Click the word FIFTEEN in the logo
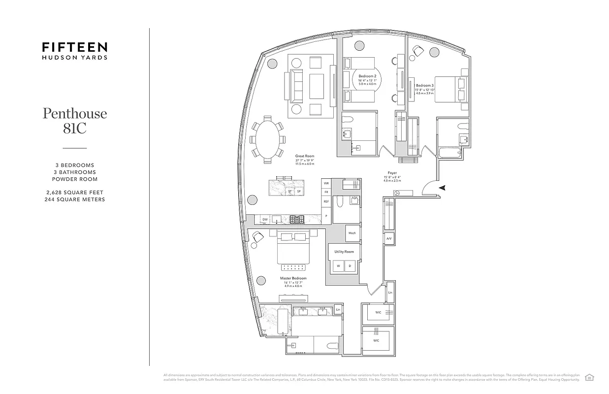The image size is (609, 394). tap(74, 48)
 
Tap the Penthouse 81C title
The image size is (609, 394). tap(75, 120)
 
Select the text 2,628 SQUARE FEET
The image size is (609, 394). tap(75, 192)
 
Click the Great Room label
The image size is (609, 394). tap(304, 156)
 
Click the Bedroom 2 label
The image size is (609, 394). tap(367, 76)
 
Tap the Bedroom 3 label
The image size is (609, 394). tap(425, 85)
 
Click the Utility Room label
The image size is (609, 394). tap(344, 252)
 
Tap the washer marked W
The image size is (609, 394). tap(338, 266)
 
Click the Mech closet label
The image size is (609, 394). tap(352, 233)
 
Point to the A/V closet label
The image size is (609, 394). tap(389, 239)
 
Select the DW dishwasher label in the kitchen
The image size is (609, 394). tap(265, 219)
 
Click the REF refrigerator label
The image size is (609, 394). tap(326, 201)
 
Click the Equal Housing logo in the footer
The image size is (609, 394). tap(589, 377)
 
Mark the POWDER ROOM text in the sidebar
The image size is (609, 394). tap(75, 179)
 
